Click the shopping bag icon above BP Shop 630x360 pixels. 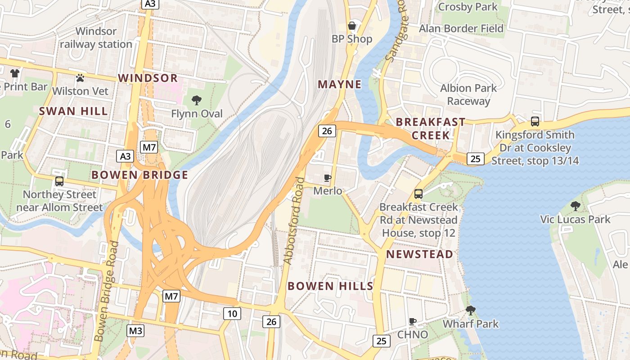(x=352, y=25)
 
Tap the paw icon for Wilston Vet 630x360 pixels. (x=80, y=78)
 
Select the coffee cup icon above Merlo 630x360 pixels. (x=328, y=178)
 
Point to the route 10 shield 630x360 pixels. (x=232, y=314)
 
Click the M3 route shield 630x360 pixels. (x=135, y=331)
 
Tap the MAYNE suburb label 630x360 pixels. (x=340, y=84)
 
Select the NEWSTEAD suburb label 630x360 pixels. (x=419, y=254)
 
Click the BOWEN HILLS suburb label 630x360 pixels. (x=330, y=286)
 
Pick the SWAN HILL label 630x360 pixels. (x=73, y=111)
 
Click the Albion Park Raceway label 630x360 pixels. (x=468, y=94)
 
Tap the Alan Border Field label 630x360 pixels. (x=461, y=28)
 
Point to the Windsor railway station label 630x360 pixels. (x=96, y=38)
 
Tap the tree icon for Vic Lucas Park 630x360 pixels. (x=575, y=206)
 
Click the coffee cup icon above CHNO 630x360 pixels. (x=412, y=321)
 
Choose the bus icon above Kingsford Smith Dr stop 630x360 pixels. (x=535, y=121)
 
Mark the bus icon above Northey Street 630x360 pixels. (x=59, y=181)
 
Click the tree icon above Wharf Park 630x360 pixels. (x=471, y=310)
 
